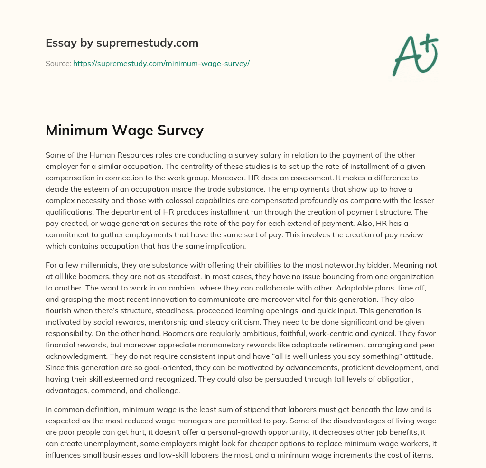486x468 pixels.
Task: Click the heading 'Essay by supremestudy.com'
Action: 121,43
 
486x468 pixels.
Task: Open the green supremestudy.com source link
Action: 161,63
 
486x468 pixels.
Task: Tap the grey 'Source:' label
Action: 58,63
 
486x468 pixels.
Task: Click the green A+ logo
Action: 415,55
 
